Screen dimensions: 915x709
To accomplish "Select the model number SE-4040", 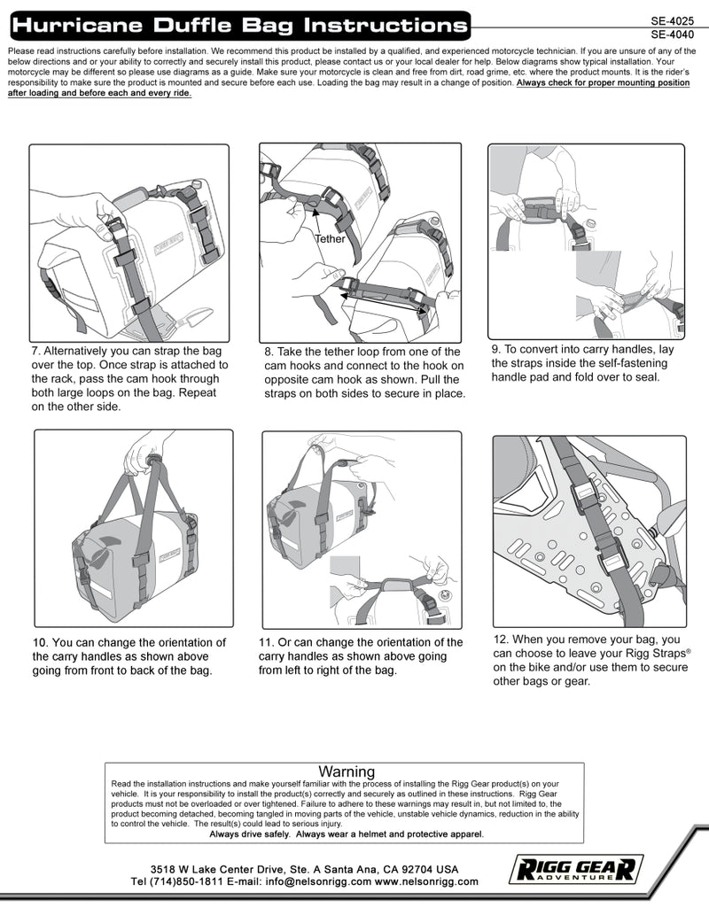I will click(671, 35).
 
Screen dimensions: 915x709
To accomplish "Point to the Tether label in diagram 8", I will click(330, 239).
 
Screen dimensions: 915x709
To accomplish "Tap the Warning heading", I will click(347, 772).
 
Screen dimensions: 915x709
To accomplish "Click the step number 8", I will click(269, 352).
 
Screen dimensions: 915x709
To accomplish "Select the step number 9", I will click(496, 349).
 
